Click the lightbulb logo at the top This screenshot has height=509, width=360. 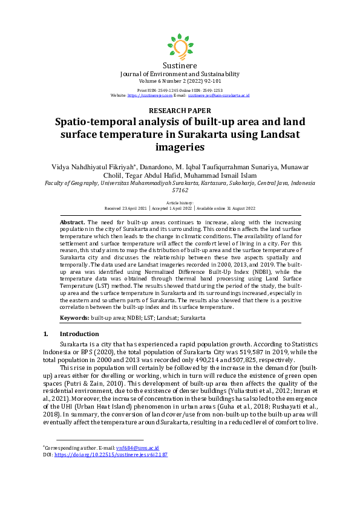pos(180,45)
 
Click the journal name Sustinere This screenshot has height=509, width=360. pos(180,65)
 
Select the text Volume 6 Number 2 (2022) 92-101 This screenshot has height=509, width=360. pos(180,80)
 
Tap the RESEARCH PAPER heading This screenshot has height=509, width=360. pos(180,111)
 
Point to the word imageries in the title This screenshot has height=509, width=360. pos(180,146)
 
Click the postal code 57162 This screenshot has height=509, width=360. pos(180,189)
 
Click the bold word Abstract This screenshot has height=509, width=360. pos(73,223)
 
